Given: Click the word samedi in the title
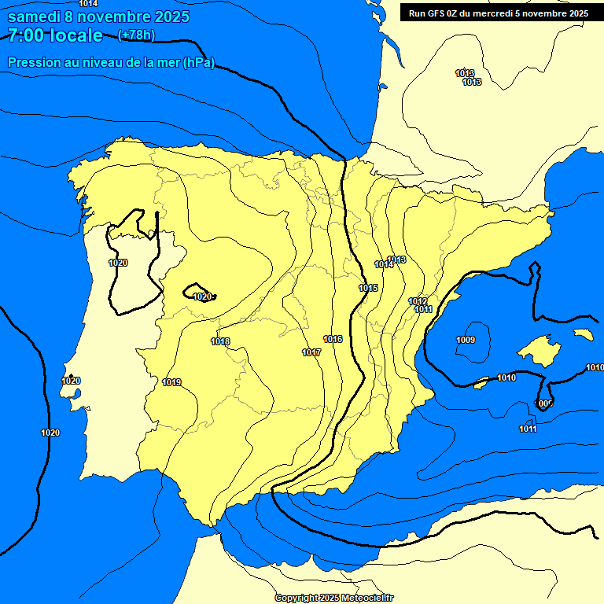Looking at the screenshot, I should [x=33, y=17].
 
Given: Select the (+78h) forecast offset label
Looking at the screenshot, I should [x=136, y=35].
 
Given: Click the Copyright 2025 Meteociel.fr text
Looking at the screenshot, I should [x=334, y=598].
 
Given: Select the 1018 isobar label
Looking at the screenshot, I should [x=220, y=341].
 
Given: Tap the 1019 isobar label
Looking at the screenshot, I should [x=171, y=383].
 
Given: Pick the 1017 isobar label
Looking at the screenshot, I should [x=311, y=352].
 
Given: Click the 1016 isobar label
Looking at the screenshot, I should [x=333, y=339].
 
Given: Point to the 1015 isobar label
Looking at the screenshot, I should [x=369, y=288].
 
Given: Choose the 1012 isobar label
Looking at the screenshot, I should [x=418, y=302].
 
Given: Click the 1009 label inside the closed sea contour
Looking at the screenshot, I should [x=466, y=340].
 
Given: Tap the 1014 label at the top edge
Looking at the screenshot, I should [x=89, y=4].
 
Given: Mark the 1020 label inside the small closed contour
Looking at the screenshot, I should [x=202, y=296].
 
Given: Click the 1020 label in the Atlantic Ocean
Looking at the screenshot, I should [x=50, y=433].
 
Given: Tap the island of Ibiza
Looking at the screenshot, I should [x=481, y=384].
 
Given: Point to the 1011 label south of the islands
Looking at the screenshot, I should [x=528, y=429].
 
